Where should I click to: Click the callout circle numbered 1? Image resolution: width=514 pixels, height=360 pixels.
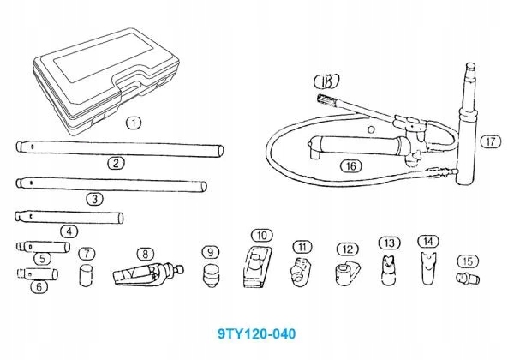click(x=133, y=123)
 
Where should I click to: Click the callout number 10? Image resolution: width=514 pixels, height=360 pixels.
click(x=263, y=234)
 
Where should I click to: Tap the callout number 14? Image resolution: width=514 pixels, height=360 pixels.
click(x=428, y=241)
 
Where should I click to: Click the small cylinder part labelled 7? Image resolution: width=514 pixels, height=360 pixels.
click(x=86, y=278)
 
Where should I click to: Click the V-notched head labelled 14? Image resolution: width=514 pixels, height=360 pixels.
click(x=428, y=269)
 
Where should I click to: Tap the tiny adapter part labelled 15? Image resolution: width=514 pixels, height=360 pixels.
click(x=465, y=279)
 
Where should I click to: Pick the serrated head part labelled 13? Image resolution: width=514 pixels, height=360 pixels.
click(x=389, y=269)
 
